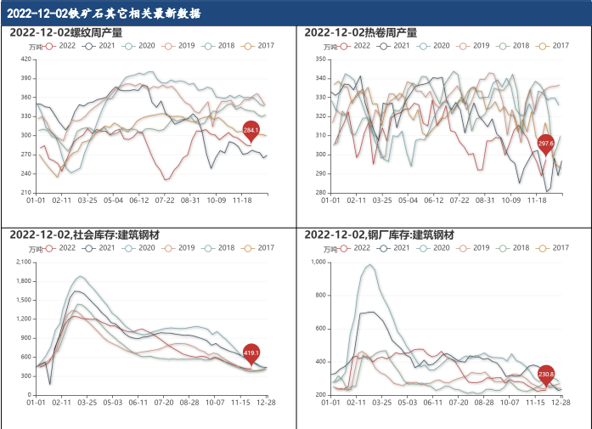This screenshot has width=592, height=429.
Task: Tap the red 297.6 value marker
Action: point(546,144)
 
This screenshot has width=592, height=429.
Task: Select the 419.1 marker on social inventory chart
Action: point(251,352)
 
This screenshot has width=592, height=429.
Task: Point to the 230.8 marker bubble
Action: point(546,373)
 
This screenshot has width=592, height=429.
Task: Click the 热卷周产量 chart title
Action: point(361,32)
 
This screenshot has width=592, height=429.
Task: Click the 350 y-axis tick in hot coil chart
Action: point(320,59)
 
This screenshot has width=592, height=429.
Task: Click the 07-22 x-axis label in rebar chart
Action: point(166,201)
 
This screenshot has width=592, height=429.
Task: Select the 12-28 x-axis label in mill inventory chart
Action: point(561,404)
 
